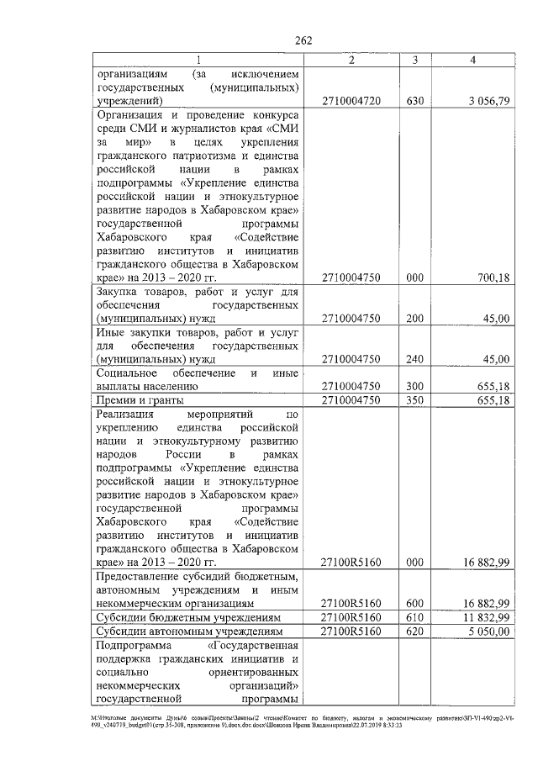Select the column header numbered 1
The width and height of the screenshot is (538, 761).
pyautogui.click(x=198, y=60)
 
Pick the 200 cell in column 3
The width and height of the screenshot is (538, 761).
pyautogui.click(x=414, y=319)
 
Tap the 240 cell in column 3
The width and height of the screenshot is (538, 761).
pyautogui.click(x=414, y=359)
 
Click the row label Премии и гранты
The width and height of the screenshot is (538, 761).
pyautogui.click(x=140, y=400)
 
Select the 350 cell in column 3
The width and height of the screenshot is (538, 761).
pyautogui.click(x=414, y=400)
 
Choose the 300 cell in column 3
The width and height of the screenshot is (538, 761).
pyautogui.click(x=414, y=386)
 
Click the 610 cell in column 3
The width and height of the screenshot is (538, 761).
pyautogui.click(x=414, y=617)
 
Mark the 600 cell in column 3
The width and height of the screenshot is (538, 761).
pyautogui.click(x=414, y=603)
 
